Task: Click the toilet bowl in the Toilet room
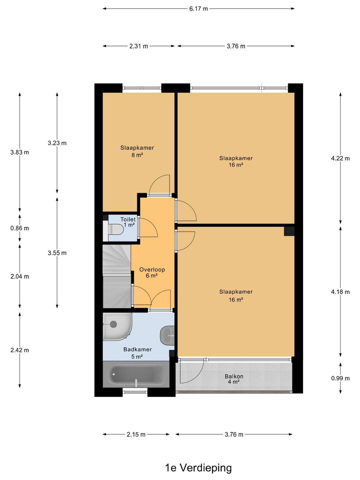pos(116,229)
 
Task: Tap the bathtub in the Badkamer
pos(136,375)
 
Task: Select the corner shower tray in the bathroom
pos(117,326)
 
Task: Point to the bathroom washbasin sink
pos(167,336)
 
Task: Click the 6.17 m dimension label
pos(198,9)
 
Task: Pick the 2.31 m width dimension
pos(139,46)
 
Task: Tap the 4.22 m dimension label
pos(340,158)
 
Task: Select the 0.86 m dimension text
pos(20,228)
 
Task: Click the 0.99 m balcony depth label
pos(340,378)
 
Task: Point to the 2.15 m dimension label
pos(136,434)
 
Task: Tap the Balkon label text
pos(234,376)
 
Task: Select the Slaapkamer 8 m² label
pos(137,151)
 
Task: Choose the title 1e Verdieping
pos(198,468)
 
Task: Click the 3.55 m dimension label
pos(57,253)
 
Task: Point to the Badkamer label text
pos(137,349)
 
